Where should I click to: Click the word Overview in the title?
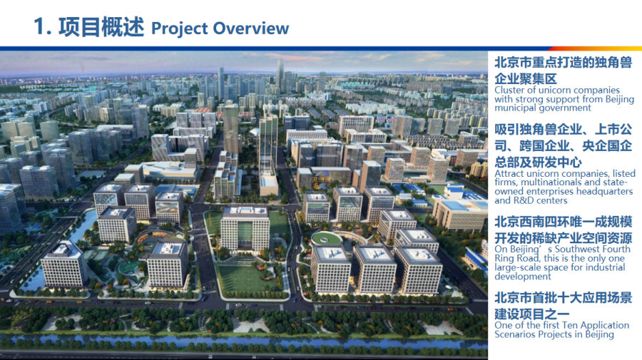pos(251,29)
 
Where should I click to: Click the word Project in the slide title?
pos(180,29)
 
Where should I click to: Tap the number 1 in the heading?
pos(40,27)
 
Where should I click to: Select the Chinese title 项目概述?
pos(101,27)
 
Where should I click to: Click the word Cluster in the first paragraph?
pos(509,90)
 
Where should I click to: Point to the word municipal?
pos(514,108)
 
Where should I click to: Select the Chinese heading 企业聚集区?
pos(526,78)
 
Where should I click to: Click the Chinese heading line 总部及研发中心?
pos(538,163)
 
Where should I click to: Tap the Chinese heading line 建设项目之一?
pos(532,314)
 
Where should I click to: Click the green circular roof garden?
pos(326,238)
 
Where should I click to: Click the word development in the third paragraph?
pos(522,277)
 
